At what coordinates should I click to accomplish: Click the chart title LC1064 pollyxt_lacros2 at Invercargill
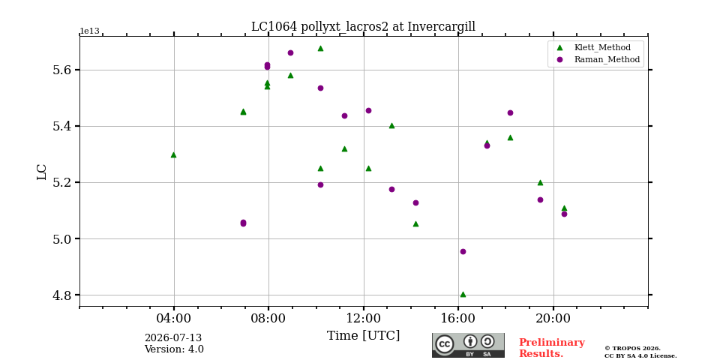pyautogui.click(x=363, y=27)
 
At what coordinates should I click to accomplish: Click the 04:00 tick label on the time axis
pyautogui.click(x=173, y=318)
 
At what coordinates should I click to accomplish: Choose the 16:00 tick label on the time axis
pyautogui.click(x=459, y=318)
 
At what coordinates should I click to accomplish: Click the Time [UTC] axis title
pyautogui.click(x=363, y=336)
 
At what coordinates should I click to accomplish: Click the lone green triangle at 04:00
pyautogui.click(x=173, y=154)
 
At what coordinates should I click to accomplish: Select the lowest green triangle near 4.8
pyautogui.click(x=463, y=294)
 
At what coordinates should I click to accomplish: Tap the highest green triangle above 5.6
pyautogui.click(x=320, y=48)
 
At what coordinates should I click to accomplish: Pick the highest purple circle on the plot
pyautogui.click(x=291, y=52)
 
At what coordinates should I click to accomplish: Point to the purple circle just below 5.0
pyautogui.click(x=463, y=252)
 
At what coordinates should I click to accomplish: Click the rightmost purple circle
pyautogui.click(x=564, y=214)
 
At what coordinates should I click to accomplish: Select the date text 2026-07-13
pyautogui.click(x=173, y=338)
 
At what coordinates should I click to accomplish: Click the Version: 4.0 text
pyautogui.click(x=174, y=349)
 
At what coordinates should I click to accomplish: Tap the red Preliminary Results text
pyautogui.click(x=551, y=348)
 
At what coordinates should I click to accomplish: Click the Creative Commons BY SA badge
pyautogui.click(x=468, y=345)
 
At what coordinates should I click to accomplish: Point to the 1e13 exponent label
pyautogui.click(x=89, y=31)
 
